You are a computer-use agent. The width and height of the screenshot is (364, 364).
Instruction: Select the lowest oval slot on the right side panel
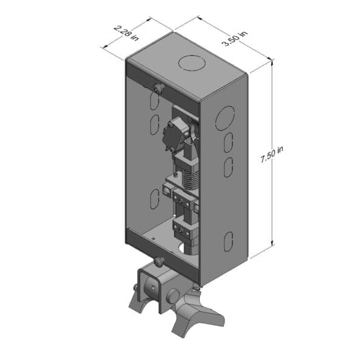pyautogui.click(x=227, y=241)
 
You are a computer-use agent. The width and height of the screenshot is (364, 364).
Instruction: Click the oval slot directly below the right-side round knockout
pyautogui.click(x=227, y=143)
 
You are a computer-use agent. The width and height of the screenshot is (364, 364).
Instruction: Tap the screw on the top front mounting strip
pyautogui.click(x=159, y=89)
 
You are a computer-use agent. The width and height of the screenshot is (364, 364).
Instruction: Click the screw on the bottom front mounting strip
pyautogui.click(x=159, y=261)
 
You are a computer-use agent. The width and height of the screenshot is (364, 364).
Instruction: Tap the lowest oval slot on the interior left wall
pyautogui.click(x=154, y=195)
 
